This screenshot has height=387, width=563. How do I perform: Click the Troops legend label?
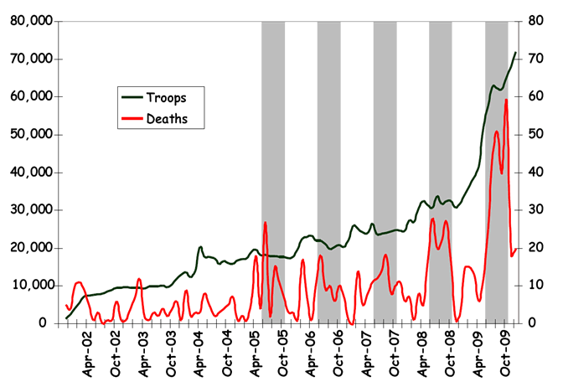coord(166,97)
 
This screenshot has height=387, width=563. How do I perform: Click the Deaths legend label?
coord(166,119)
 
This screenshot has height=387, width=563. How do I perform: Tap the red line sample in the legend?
coord(132,119)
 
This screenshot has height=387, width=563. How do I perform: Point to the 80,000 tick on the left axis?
coord(28,21)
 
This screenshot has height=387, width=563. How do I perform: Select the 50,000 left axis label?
coord(28,135)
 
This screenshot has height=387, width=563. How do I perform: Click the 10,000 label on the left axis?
coord(28,286)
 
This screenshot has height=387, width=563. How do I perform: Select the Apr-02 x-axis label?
coord(87,351)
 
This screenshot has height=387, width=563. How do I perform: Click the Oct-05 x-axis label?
coord(283,351)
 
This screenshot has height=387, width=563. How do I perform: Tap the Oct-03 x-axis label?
coord(171,351)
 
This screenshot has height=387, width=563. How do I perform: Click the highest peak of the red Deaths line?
coord(506,100)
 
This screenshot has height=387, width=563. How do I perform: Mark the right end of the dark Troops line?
coord(515,53)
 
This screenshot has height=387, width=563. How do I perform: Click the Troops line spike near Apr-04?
coord(200,247)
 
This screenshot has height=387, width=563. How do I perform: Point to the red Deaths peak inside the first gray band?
coord(265,223)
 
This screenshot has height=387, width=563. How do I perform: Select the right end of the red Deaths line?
coord(516,249)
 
